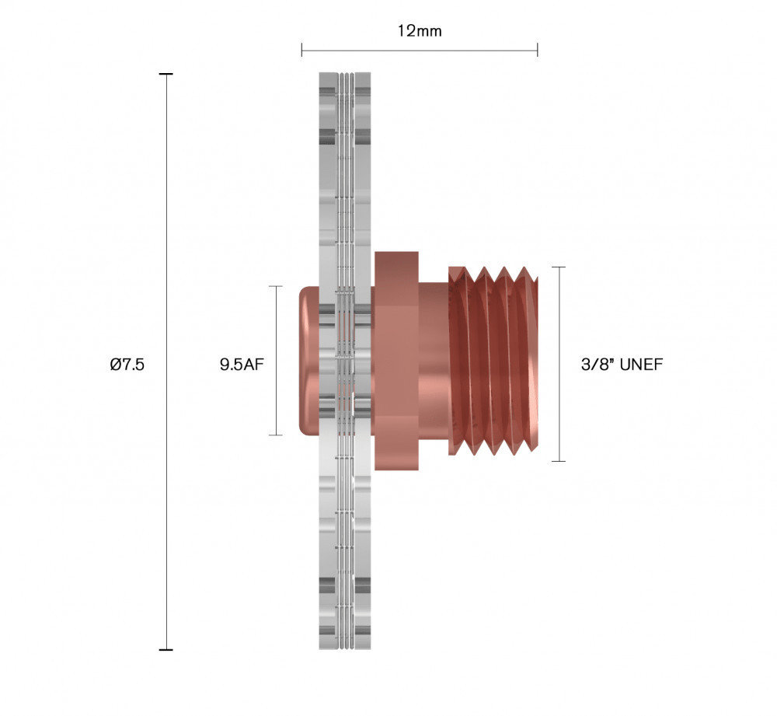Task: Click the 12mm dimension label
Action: (420, 30)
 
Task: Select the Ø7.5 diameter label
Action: (127, 364)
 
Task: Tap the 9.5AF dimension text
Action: (242, 364)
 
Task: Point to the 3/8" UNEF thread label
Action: (622, 364)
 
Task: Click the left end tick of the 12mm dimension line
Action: (302, 51)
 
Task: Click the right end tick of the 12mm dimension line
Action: (537, 51)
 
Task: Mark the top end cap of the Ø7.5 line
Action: (166, 74)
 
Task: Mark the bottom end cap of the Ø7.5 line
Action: (166, 649)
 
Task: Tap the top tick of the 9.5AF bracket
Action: (274, 286)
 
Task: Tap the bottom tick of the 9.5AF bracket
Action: (274, 435)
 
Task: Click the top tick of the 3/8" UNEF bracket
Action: (558, 267)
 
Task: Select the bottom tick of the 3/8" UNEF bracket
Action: (558, 461)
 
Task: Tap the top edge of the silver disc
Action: (345, 75)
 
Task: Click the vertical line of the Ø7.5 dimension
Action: (166, 233)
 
